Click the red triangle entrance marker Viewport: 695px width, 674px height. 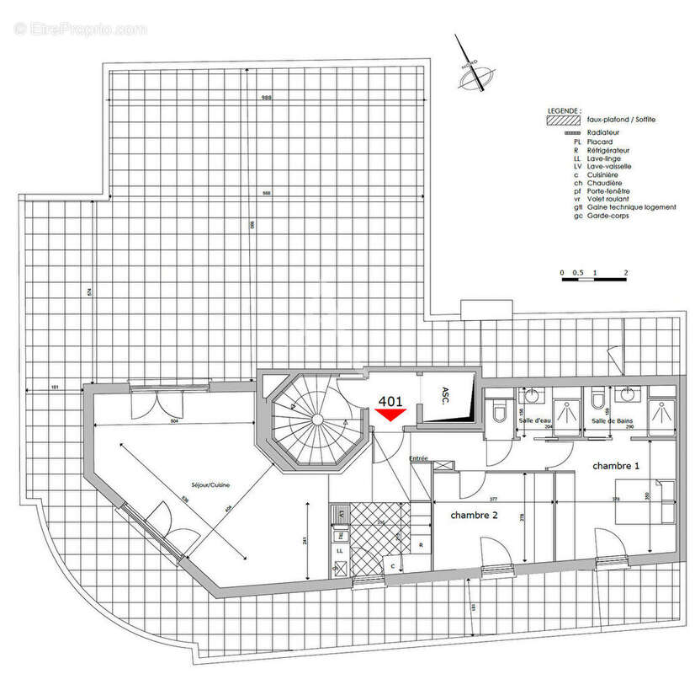pyautogui.click(x=390, y=415)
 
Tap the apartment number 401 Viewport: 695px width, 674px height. pyautogui.click(x=390, y=402)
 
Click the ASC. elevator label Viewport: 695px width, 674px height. pyautogui.click(x=445, y=394)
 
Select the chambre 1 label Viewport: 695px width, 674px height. pyautogui.click(x=616, y=466)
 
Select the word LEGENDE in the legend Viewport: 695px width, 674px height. pyautogui.click(x=563, y=110)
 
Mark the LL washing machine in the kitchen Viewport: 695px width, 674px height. pyautogui.click(x=341, y=550)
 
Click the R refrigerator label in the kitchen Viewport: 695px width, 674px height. pyautogui.click(x=420, y=545)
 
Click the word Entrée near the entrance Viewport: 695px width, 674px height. pyautogui.click(x=418, y=458)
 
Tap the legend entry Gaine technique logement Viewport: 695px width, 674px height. pyautogui.click(x=631, y=207)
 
